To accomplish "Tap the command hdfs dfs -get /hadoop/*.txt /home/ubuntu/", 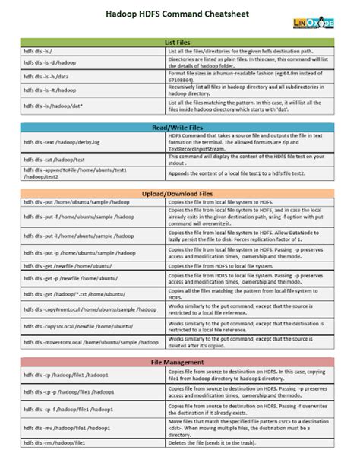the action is click(x=65, y=293).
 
